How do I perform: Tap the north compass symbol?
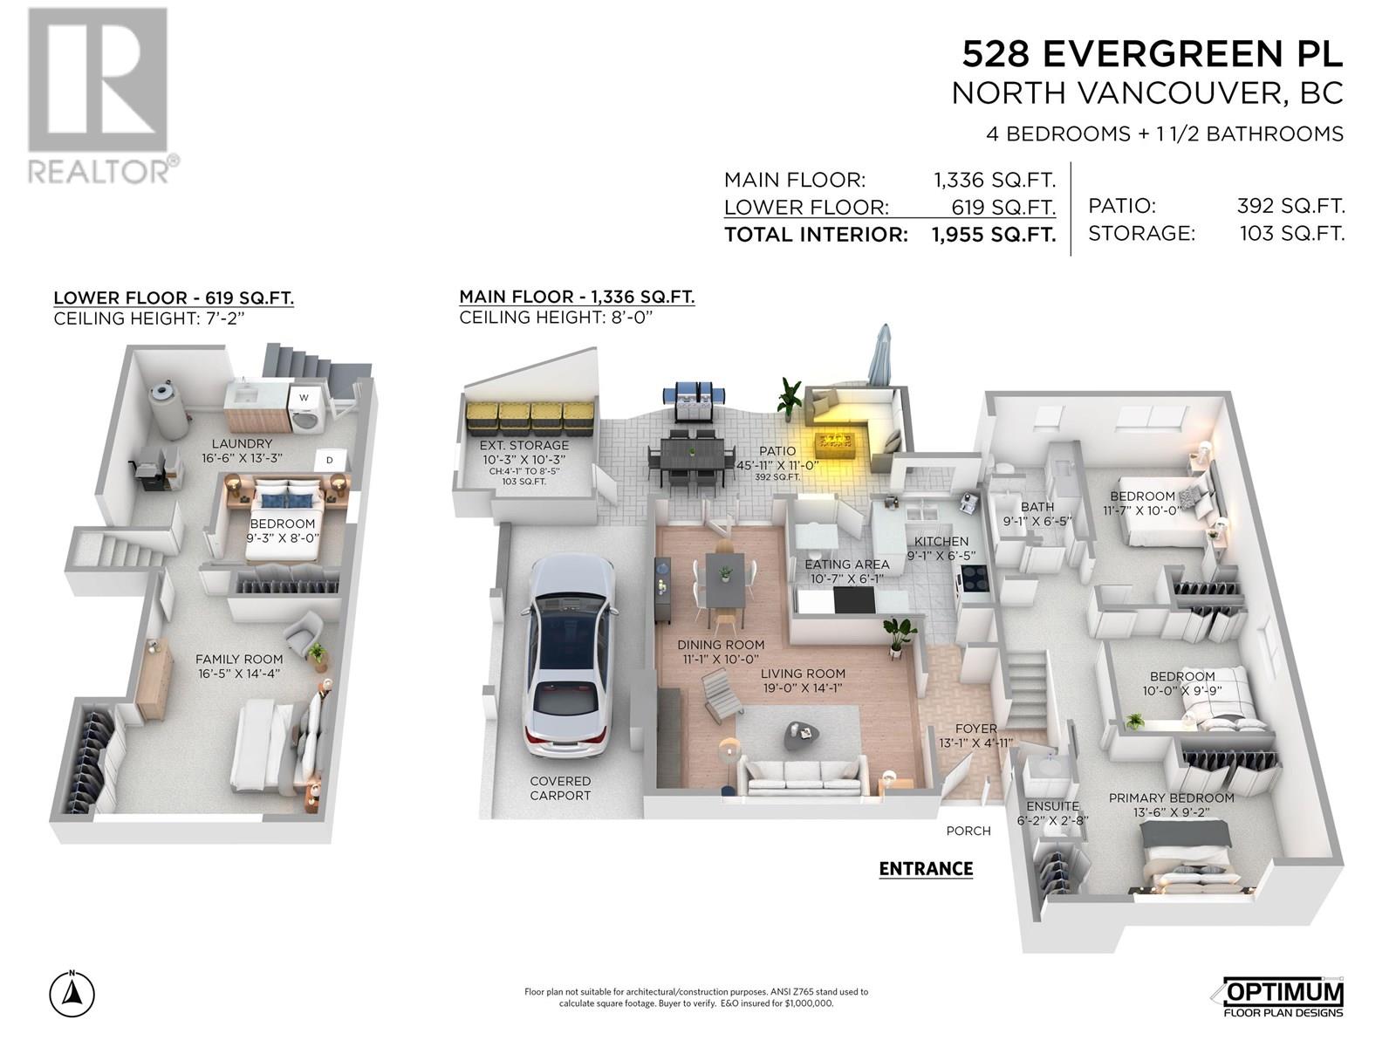pos(72,993)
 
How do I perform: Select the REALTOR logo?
pos(102,96)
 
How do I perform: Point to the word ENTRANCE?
pos(926,869)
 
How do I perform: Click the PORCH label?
pos(968,831)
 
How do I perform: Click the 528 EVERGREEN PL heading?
pos(1152,53)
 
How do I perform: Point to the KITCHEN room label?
pos(941,542)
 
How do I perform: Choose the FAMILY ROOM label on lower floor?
pos(238,660)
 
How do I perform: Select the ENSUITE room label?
pos(1052,806)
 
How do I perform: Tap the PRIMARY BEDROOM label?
pos(1171,797)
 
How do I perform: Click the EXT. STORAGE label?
pos(524,445)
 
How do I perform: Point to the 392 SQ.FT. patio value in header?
pos(1290,206)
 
